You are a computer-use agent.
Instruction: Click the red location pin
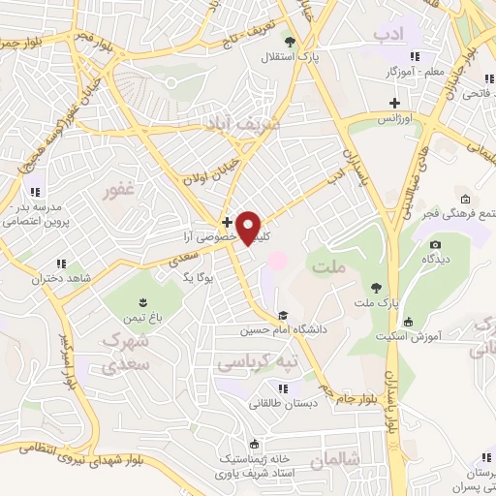(249, 229)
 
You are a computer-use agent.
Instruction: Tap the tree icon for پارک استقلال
(289, 41)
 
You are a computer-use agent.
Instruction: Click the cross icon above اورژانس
(394, 102)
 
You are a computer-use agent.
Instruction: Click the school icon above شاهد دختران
(61, 263)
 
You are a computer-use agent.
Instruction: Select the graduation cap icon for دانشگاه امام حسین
(283, 315)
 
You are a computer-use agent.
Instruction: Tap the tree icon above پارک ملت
(375, 287)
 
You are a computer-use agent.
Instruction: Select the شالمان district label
(338, 458)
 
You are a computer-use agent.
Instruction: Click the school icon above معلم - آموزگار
(416, 54)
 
